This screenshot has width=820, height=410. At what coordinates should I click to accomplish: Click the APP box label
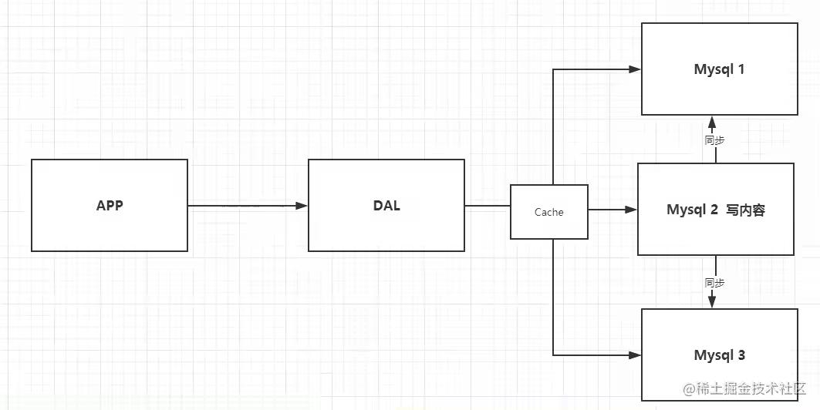pyautogui.click(x=110, y=206)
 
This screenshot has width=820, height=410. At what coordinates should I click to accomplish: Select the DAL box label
pyautogui.click(x=386, y=206)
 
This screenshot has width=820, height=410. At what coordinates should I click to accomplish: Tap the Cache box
pyautogui.click(x=548, y=212)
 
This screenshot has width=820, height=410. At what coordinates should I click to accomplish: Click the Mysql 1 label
pyautogui.click(x=718, y=69)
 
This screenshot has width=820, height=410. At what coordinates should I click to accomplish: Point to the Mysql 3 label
pyautogui.click(x=719, y=355)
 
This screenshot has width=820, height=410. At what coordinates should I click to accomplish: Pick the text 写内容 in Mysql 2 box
pyautogui.click(x=745, y=210)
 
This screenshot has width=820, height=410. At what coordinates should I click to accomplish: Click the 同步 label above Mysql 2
pyautogui.click(x=715, y=140)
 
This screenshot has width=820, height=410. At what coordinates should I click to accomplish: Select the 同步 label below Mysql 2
pyautogui.click(x=715, y=283)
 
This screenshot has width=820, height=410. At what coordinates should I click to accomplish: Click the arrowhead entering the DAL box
pyautogui.click(x=302, y=206)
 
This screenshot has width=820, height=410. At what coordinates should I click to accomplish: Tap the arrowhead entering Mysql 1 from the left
pyautogui.click(x=635, y=69)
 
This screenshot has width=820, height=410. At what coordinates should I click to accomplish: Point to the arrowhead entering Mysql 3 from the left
pyautogui.click(x=635, y=355)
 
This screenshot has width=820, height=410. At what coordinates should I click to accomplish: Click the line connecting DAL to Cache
pyautogui.click(x=487, y=206)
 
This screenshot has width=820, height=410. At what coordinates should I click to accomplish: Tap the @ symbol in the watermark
pyautogui.click(x=690, y=388)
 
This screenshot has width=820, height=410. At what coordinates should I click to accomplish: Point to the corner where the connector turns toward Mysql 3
pyautogui.click(x=553, y=355)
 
